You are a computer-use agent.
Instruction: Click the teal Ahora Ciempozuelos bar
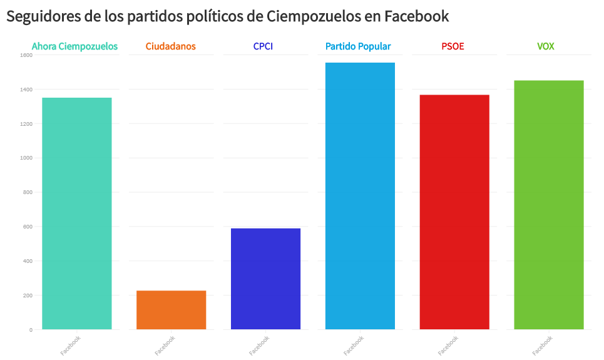click(x=76, y=213)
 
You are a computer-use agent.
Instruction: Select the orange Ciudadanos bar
click(x=171, y=310)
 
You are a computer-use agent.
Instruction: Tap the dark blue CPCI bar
click(x=265, y=279)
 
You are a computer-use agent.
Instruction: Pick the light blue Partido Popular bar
click(x=360, y=195)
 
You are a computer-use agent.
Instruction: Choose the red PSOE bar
click(x=454, y=212)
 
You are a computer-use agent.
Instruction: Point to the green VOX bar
click(x=549, y=205)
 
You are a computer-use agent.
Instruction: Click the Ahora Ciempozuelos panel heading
click(x=74, y=46)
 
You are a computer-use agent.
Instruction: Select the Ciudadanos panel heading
click(x=170, y=46)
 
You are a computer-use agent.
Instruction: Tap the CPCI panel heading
click(x=263, y=46)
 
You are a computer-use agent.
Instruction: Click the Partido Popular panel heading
click(x=358, y=46)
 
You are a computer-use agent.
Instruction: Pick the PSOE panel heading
click(x=453, y=46)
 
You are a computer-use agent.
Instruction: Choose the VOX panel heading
click(x=546, y=46)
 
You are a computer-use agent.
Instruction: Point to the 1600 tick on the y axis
click(x=26, y=55)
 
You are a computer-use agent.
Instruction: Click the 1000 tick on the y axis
click(x=26, y=158)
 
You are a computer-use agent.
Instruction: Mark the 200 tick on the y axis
click(x=27, y=296)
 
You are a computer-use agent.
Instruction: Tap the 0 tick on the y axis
click(x=31, y=330)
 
